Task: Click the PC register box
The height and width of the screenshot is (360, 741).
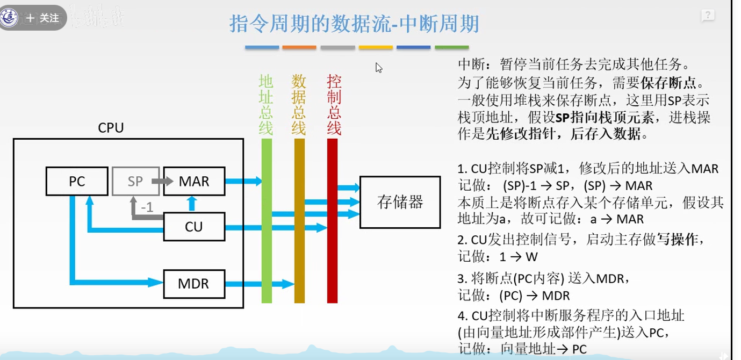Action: pyautogui.click(x=77, y=182)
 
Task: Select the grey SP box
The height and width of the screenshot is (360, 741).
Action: pyautogui.click(x=135, y=182)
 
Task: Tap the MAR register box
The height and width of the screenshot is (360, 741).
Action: pyautogui.click(x=193, y=182)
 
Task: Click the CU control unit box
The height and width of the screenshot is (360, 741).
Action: pyautogui.click(x=193, y=227)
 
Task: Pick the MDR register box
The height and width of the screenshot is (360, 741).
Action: pyautogui.click(x=193, y=283)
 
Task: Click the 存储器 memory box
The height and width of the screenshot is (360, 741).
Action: pyautogui.click(x=400, y=202)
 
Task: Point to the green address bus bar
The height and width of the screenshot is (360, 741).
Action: pyautogui.click(x=267, y=220)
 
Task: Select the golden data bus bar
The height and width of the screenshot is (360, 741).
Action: pyautogui.click(x=299, y=220)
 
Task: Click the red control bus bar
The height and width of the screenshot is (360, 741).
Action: pyautogui.click(x=332, y=220)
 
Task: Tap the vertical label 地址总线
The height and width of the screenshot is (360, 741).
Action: pyautogui.click(x=266, y=105)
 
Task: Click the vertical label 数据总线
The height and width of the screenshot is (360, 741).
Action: pyautogui.click(x=299, y=105)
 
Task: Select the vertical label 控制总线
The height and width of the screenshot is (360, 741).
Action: pyautogui.click(x=334, y=105)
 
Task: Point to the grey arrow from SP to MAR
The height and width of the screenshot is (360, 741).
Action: pyautogui.click(x=154, y=182)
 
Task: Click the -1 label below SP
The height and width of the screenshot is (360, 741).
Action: pyautogui.click(x=146, y=206)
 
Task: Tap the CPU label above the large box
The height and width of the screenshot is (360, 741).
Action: pyautogui.click(x=111, y=128)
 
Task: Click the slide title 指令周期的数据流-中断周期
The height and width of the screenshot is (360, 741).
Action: pyautogui.click(x=354, y=24)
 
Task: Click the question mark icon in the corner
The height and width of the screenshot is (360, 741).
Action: pyautogui.click(x=708, y=16)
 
